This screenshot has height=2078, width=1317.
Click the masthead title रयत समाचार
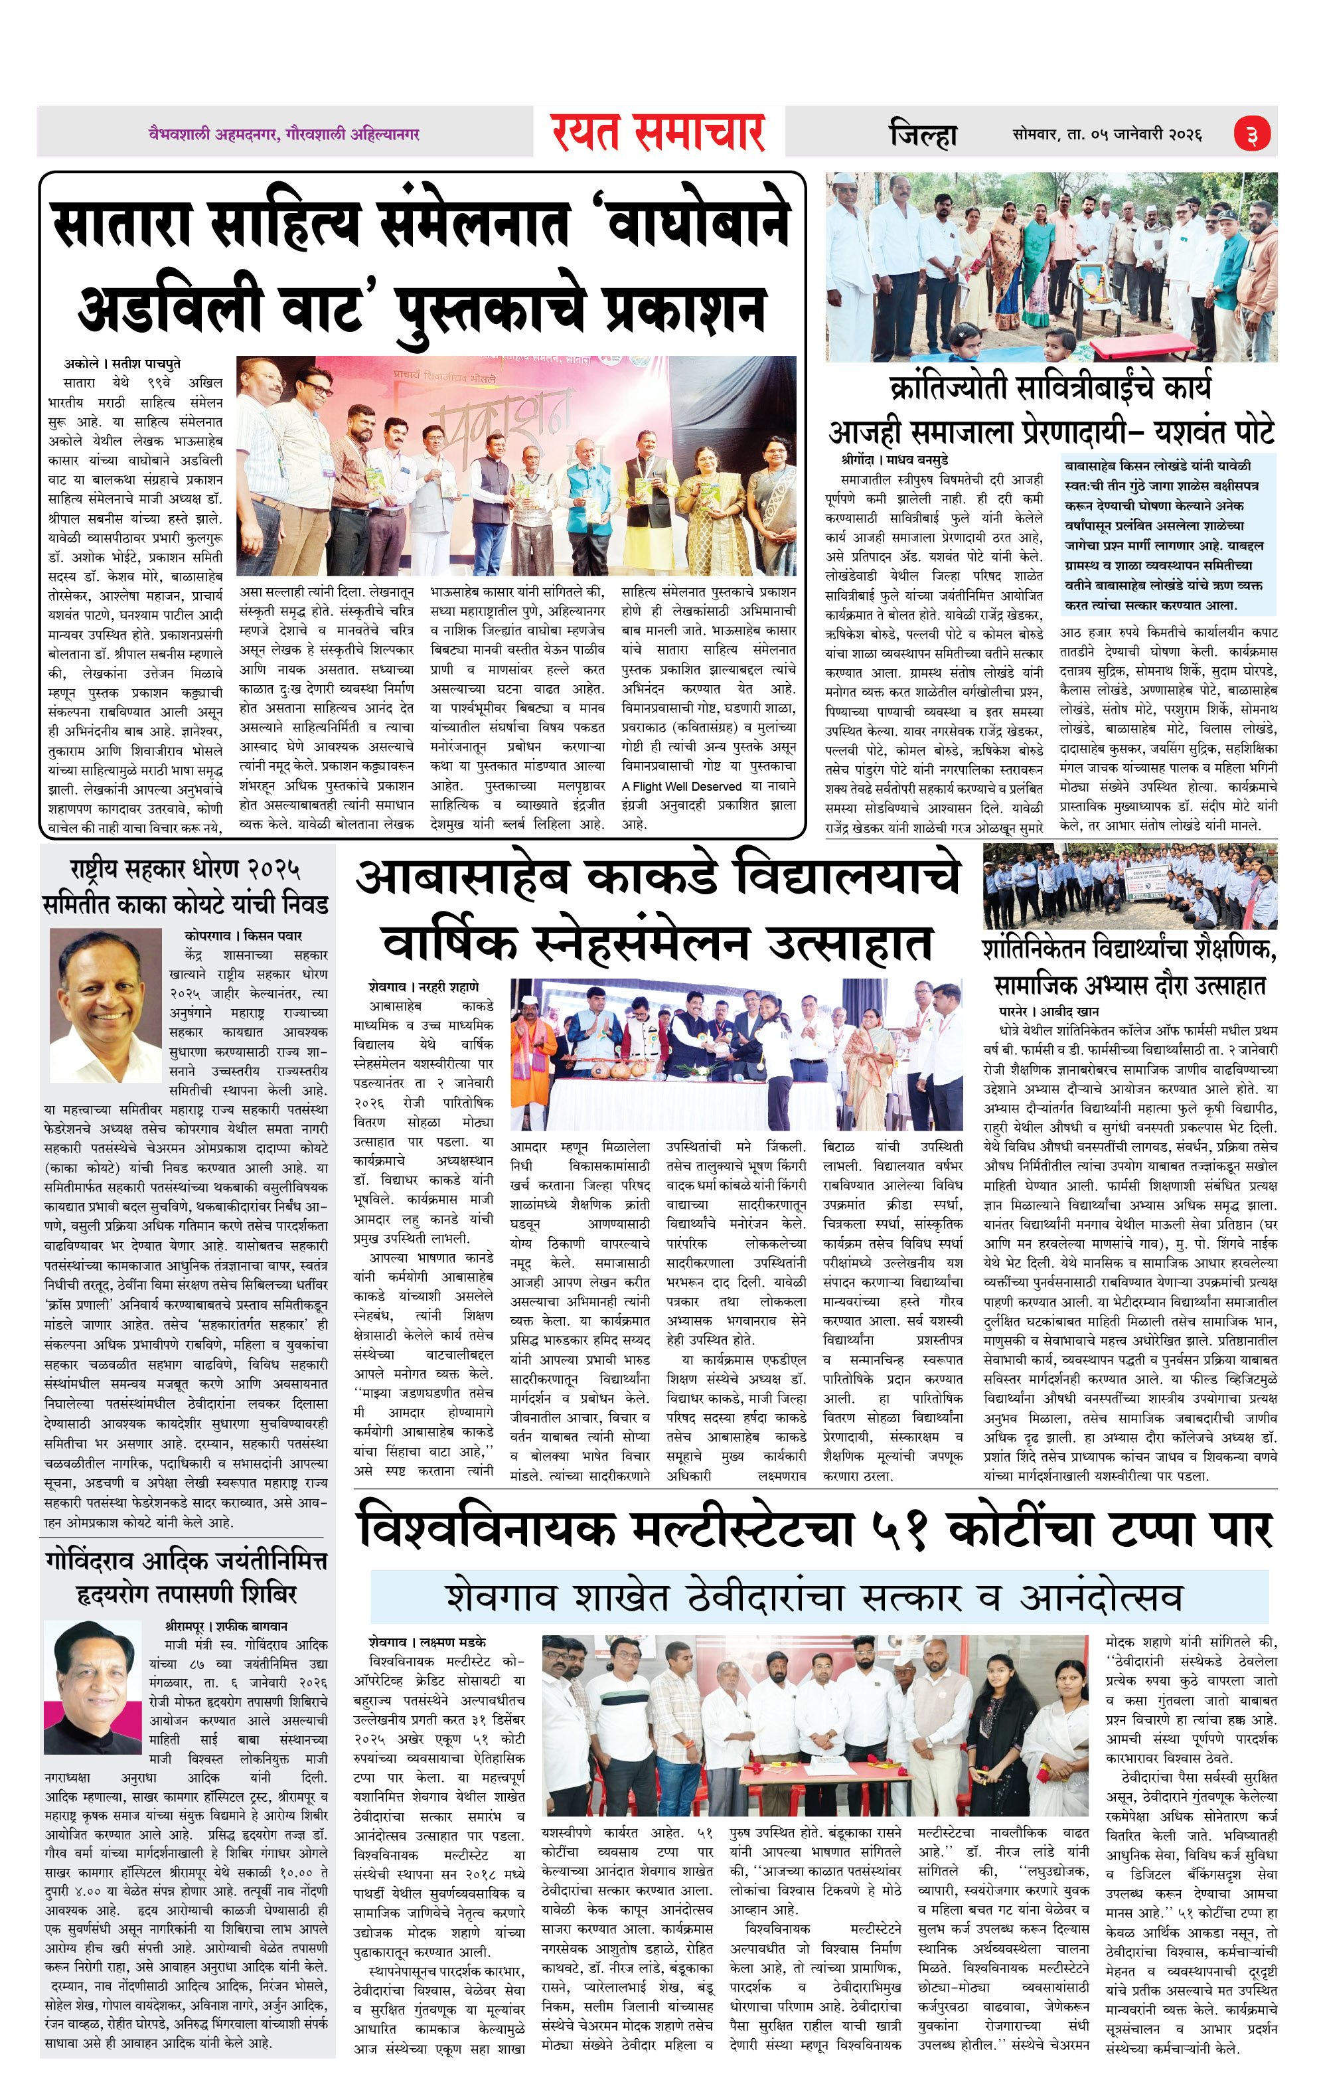coord(658,132)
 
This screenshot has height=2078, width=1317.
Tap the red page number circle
coord(1251,135)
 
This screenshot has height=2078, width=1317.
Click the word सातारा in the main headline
coord(121,224)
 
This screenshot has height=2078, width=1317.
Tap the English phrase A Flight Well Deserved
coord(682,786)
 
